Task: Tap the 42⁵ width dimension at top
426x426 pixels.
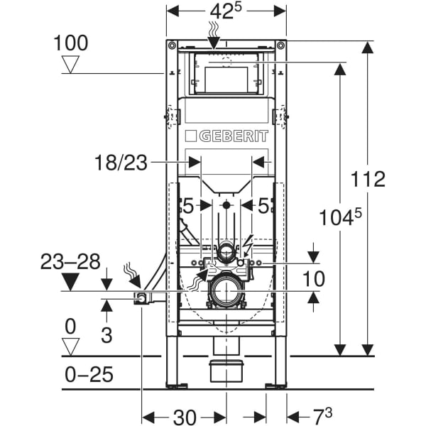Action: click(x=226, y=13)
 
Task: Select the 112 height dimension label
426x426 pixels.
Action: click(x=367, y=178)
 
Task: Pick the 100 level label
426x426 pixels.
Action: click(x=70, y=43)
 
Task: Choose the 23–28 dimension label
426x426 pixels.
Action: click(x=70, y=261)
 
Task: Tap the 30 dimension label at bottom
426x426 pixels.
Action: click(x=185, y=417)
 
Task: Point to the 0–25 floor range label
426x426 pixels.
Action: click(x=88, y=374)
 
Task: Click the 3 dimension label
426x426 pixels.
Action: click(x=106, y=334)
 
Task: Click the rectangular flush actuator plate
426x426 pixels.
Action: click(x=226, y=77)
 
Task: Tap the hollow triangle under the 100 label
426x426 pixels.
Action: click(x=70, y=65)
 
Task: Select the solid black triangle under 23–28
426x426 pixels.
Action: click(x=70, y=282)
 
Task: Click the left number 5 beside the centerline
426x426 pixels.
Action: click(x=187, y=206)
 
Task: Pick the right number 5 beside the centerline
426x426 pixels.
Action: click(x=263, y=206)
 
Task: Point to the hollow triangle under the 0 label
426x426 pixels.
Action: click(x=70, y=346)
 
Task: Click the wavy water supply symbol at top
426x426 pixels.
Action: click(x=214, y=28)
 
